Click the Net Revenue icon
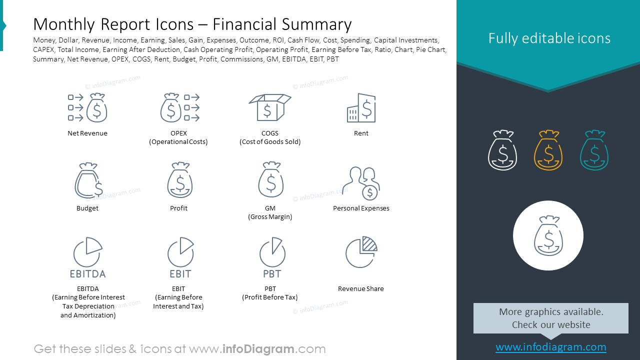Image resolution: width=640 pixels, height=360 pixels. (87, 107)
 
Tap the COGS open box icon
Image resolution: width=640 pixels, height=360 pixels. (270, 107)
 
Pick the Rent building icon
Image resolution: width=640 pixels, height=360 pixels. (361, 107)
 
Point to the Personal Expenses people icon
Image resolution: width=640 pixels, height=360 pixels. (361, 183)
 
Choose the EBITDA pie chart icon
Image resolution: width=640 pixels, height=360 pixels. (87, 252)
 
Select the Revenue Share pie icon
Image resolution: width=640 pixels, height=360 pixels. (361, 252)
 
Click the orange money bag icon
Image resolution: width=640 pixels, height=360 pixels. (548, 150)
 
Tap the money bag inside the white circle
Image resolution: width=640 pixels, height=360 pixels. (548, 235)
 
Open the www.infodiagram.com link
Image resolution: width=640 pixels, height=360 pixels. (550, 347)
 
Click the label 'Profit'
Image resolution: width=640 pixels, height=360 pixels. (178, 208)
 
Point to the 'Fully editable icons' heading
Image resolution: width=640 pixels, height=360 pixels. (549, 38)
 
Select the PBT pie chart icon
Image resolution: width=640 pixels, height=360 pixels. (272, 252)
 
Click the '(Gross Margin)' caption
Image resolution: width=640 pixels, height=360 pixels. (270, 217)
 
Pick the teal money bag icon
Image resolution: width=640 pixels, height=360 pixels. (594, 150)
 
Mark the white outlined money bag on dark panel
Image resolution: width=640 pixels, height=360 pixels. (502, 150)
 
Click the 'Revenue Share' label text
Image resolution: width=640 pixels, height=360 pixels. (361, 288)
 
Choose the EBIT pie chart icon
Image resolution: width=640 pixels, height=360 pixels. (180, 252)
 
